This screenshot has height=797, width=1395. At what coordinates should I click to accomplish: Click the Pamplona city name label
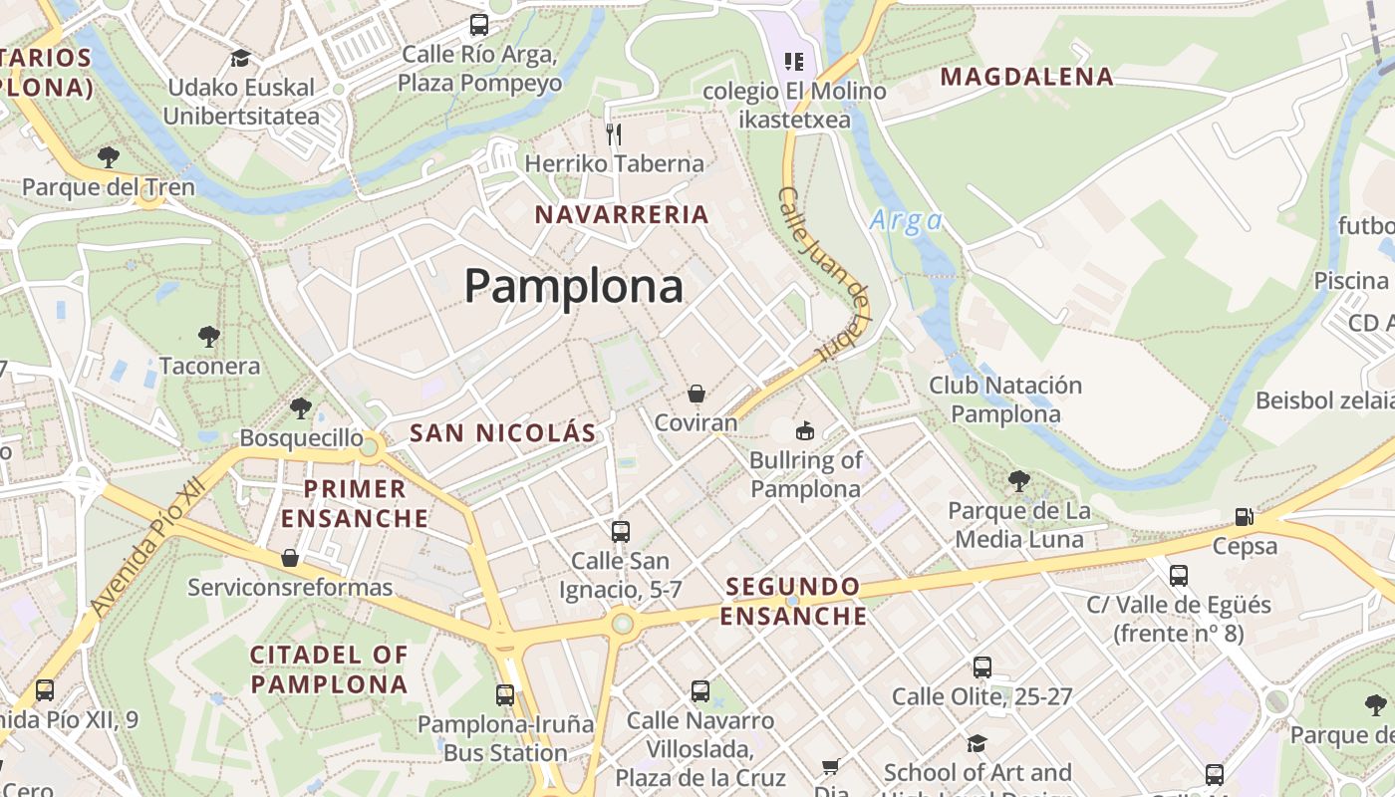[573, 287]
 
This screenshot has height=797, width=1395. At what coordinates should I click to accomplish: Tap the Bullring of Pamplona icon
[804, 430]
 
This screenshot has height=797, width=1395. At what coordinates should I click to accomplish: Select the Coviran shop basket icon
[696, 395]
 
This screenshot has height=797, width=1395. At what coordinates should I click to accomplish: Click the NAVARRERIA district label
[622, 214]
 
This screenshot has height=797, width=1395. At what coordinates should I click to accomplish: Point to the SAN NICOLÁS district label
[502, 432]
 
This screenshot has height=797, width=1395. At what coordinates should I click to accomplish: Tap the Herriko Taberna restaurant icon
[614, 133]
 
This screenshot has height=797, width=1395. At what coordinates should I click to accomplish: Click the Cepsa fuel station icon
[1244, 517]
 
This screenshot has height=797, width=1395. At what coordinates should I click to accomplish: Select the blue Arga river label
[905, 220]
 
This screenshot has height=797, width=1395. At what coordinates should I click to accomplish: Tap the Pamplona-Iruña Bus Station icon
[505, 694]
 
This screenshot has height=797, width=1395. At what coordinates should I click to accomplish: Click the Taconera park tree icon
[208, 336]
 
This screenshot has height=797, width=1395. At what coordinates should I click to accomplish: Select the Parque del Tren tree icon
[108, 156]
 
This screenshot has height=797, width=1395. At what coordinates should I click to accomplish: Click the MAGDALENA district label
[1026, 77]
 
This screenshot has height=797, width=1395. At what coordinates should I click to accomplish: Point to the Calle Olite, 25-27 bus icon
[981, 666]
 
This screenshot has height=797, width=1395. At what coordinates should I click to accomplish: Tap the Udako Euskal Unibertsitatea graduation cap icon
[239, 58]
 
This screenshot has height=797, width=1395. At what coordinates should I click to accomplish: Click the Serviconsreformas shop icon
[289, 557]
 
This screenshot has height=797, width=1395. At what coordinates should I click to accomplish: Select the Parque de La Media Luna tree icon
[1018, 481]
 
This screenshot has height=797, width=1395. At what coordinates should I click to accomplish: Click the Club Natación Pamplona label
[1004, 399]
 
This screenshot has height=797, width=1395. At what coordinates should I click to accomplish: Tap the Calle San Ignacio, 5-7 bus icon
[620, 531]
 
